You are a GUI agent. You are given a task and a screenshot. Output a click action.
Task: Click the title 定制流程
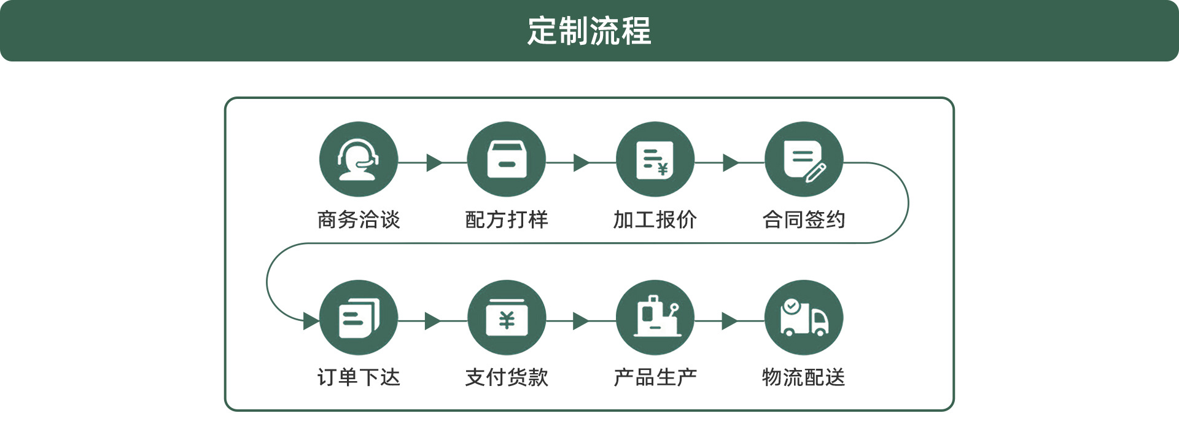(589, 31)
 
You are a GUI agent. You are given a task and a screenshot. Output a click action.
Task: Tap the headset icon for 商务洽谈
(359, 160)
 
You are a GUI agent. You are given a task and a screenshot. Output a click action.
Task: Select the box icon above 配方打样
(507, 160)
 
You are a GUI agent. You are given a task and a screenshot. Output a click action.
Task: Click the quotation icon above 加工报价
(655, 160)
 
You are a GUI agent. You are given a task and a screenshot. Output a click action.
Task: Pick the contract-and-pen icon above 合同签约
(804, 160)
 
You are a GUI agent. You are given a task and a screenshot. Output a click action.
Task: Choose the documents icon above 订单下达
(359, 318)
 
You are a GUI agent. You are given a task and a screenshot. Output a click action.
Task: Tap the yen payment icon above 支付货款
(507, 318)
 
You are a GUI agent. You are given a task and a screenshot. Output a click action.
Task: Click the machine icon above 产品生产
(655, 318)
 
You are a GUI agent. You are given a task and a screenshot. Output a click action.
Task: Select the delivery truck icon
(804, 318)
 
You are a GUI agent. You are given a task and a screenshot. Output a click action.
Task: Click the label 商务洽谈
(359, 219)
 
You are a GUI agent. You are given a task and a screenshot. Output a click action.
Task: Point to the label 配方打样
(507, 219)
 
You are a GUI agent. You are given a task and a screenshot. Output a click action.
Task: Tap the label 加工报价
(655, 219)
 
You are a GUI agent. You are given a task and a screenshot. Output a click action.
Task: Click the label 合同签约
(804, 219)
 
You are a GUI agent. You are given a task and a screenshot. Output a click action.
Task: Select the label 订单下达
(359, 377)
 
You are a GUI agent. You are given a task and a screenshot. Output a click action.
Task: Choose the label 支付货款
(507, 377)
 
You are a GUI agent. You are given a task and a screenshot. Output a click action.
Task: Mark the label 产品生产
(655, 377)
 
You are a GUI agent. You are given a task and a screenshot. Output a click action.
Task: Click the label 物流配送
(804, 377)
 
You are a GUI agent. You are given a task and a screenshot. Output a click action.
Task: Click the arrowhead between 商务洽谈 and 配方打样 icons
(434, 163)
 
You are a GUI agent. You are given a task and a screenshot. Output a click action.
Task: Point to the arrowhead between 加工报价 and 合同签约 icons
(731, 163)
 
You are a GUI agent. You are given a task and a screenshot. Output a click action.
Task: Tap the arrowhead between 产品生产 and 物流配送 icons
(730, 321)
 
